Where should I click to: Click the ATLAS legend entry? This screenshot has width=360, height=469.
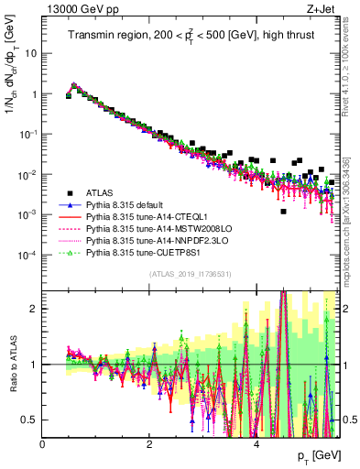pos(100,192)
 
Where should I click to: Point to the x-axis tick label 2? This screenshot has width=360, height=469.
pos(149,445)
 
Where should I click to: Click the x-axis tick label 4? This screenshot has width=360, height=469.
pos(256,445)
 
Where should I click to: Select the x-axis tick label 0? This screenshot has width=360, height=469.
pos(43,445)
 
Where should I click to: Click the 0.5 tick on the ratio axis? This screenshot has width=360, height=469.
pos(31,420)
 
